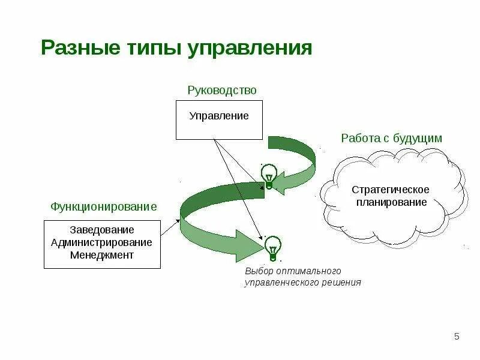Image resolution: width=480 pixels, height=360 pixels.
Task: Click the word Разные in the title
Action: point(76,48)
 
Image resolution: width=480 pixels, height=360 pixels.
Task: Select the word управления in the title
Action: point(251,48)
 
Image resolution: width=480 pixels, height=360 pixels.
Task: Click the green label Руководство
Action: point(222,91)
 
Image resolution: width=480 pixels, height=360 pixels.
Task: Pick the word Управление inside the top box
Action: point(219,116)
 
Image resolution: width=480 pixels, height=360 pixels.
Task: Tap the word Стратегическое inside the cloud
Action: point(391,190)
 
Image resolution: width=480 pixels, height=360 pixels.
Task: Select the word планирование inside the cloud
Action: point(391,202)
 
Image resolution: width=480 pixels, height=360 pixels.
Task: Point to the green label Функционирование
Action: point(103,206)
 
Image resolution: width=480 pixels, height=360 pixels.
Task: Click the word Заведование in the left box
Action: point(102,230)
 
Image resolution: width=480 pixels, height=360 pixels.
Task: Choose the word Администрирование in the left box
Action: point(102,242)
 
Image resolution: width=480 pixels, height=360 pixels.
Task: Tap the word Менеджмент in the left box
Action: point(102,255)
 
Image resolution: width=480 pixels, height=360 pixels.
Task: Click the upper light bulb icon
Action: point(268,176)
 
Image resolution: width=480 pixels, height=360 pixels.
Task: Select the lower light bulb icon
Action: point(273,248)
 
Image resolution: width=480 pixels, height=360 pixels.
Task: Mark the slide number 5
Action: point(457,335)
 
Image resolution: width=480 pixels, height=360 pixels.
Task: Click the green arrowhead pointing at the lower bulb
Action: point(250,242)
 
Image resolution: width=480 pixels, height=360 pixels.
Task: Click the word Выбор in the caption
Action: point(258,271)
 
